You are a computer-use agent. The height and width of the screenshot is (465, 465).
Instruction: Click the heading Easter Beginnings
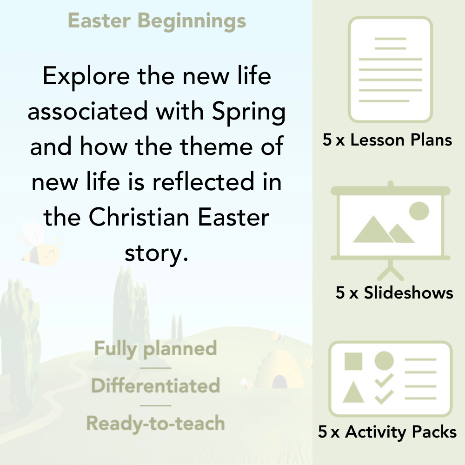[x=157, y=21]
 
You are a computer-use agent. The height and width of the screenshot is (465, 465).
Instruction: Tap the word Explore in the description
[x=85, y=76]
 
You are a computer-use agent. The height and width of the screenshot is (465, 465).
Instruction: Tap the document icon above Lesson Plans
[x=391, y=70]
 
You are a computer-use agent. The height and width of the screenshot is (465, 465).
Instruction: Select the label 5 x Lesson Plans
[x=387, y=140]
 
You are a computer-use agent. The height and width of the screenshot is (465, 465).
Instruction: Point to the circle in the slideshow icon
[x=418, y=211]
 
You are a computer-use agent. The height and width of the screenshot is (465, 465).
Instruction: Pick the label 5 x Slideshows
[x=394, y=292]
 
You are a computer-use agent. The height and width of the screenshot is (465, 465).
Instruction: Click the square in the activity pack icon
[x=353, y=361]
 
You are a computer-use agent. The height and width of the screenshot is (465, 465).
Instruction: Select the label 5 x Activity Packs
[x=387, y=432]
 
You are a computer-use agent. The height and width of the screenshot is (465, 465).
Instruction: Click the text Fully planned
[x=156, y=349]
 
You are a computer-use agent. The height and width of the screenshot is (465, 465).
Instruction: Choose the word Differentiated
[x=156, y=386]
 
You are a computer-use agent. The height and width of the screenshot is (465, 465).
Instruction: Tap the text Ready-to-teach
[x=156, y=424]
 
